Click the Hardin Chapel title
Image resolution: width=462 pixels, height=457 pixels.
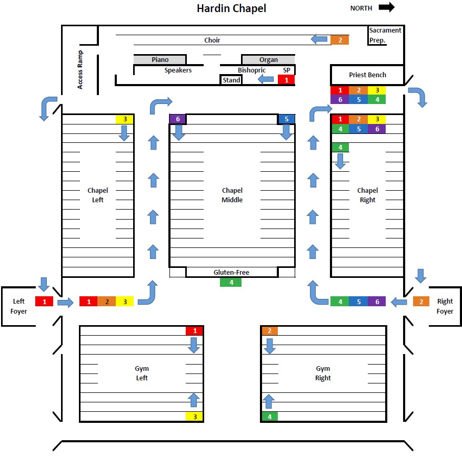pos(231,8)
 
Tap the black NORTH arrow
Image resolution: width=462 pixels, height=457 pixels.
pos(386,7)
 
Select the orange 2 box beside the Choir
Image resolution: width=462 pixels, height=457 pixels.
pos(339,40)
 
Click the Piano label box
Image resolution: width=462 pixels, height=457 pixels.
pos(160,60)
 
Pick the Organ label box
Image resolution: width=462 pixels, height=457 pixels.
pos(268,60)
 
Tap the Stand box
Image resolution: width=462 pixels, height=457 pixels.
pos(231,80)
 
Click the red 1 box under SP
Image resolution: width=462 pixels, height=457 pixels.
pos(286,80)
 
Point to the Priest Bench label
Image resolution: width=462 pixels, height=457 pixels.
pos(367,75)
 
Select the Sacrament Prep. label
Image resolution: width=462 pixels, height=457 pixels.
pos(385,35)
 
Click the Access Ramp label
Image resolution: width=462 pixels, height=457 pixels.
pos(80,70)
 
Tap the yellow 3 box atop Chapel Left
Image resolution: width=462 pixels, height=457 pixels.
pos(125,119)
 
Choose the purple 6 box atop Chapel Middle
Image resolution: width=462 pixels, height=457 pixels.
pos(177,119)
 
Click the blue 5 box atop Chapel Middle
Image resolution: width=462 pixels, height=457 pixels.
pos(286,119)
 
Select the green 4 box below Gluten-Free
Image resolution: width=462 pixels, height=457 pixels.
pos(230,282)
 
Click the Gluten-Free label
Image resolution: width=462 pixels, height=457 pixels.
pos(231,272)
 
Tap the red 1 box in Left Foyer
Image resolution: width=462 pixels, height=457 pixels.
pos(44,302)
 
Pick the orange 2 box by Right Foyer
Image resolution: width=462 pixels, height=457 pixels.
pos(420,302)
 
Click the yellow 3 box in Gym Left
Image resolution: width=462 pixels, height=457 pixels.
pos(195,417)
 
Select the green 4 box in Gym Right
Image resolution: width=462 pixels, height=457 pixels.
pos(269,417)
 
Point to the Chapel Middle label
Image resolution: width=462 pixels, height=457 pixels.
pos(232,195)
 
